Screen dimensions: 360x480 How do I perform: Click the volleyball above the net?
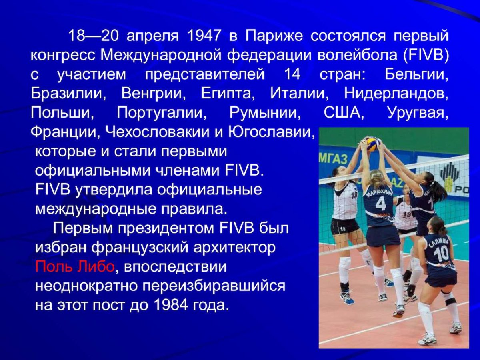pyautogui.click(x=373, y=143)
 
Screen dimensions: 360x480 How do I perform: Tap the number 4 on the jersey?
pyautogui.click(x=380, y=204)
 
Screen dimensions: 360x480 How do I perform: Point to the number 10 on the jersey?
pyautogui.click(x=441, y=253)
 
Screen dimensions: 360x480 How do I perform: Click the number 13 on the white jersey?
pyautogui.click(x=407, y=214)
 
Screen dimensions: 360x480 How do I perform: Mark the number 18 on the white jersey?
pyautogui.click(x=354, y=195)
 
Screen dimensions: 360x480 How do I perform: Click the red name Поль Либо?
pyautogui.click(x=75, y=267)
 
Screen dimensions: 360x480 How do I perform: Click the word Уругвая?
pyautogui.click(x=418, y=113)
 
